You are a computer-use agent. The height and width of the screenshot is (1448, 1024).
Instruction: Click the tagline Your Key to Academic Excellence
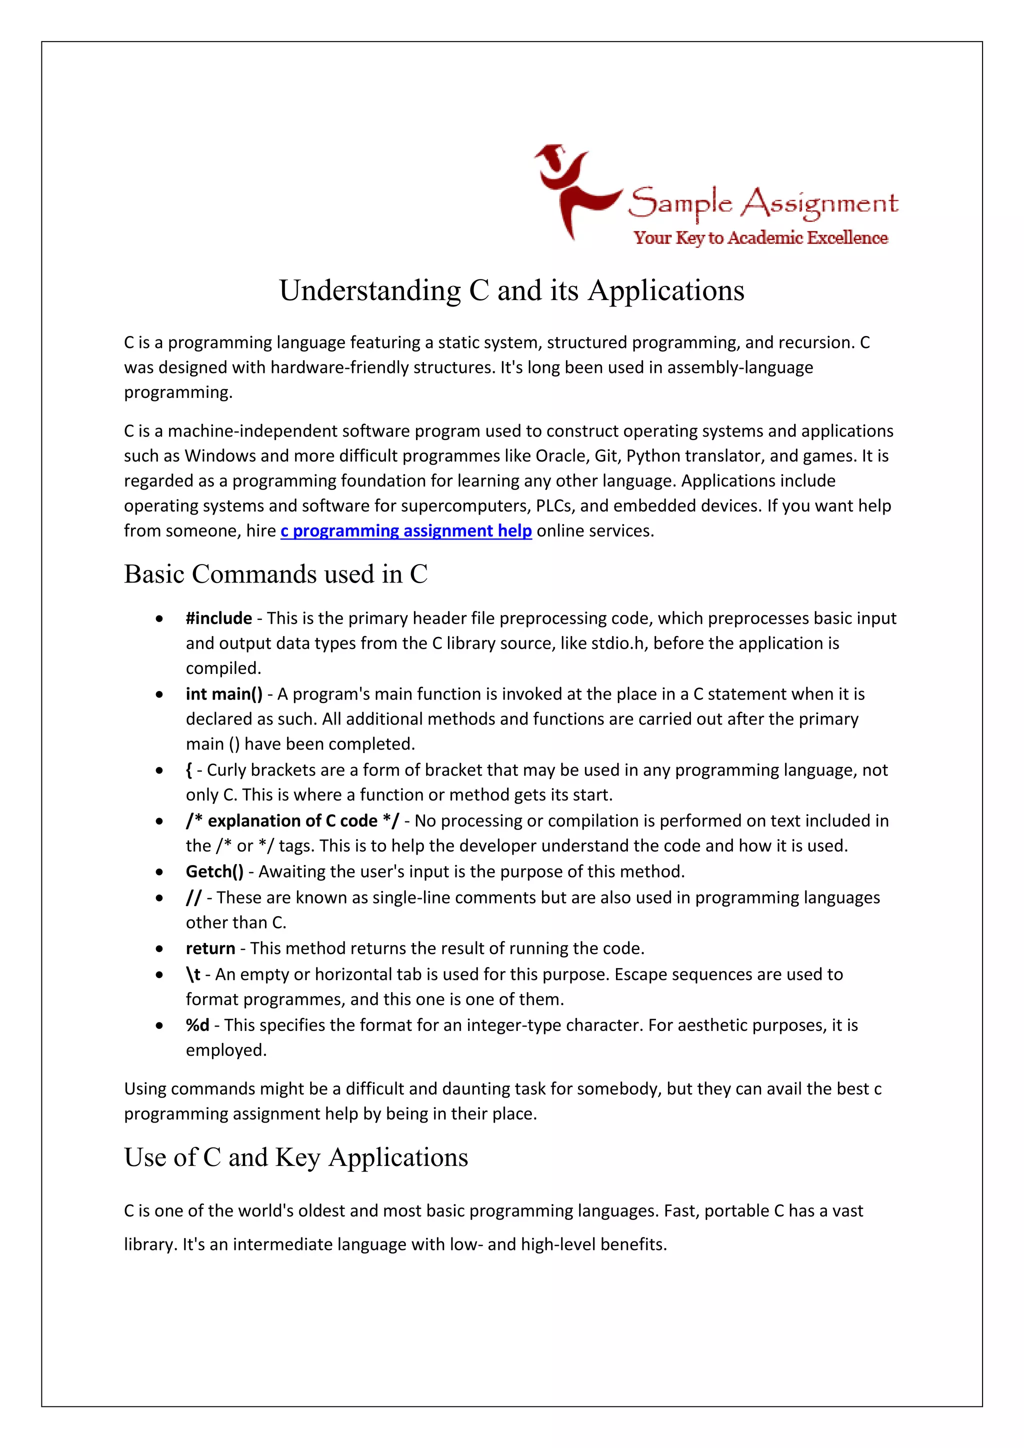pos(760,238)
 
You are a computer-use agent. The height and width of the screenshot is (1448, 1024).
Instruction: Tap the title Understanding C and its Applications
pos(511,290)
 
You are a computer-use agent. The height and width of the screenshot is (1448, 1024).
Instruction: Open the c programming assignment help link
pos(405,531)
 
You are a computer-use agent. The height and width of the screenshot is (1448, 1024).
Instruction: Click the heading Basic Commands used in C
pos(275,574)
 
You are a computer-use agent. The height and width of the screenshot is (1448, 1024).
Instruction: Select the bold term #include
pos(219,618)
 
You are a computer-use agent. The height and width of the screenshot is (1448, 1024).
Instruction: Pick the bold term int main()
pos(224,693)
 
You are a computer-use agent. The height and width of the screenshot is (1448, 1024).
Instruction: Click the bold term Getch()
pos(214,871)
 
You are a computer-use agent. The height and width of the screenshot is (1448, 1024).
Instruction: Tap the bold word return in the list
pos(210,948)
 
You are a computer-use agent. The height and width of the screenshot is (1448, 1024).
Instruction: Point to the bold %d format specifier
pos(197,1025)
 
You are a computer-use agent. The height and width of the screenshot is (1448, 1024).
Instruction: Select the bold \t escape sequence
pos(193,974)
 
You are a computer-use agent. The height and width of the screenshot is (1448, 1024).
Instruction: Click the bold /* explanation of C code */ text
pos(292,820)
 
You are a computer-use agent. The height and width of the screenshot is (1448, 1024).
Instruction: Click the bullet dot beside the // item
pos(159,898)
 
